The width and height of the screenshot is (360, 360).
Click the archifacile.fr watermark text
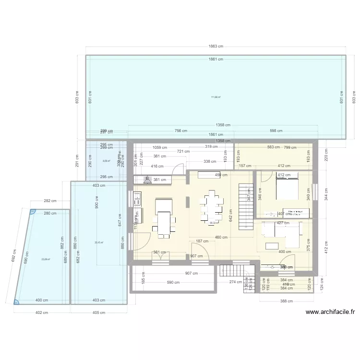(330, 312)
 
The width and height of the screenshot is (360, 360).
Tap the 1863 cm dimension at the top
(216, 47)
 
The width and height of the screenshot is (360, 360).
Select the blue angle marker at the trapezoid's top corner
(33, 212)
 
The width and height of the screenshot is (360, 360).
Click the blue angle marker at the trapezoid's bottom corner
(17, 302)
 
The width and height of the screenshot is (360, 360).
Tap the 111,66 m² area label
(216, 97)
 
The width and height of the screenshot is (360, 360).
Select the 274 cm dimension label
(236, 282)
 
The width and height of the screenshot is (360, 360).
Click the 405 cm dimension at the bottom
(98, 312)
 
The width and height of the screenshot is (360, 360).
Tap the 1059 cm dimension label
(160, 148)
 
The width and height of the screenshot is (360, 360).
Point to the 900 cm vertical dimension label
(96, 205)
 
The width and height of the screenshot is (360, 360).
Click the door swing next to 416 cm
(178, 169)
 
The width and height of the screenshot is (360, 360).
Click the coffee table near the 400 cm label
(272, 246)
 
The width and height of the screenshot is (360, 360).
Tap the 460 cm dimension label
(221, 237)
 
